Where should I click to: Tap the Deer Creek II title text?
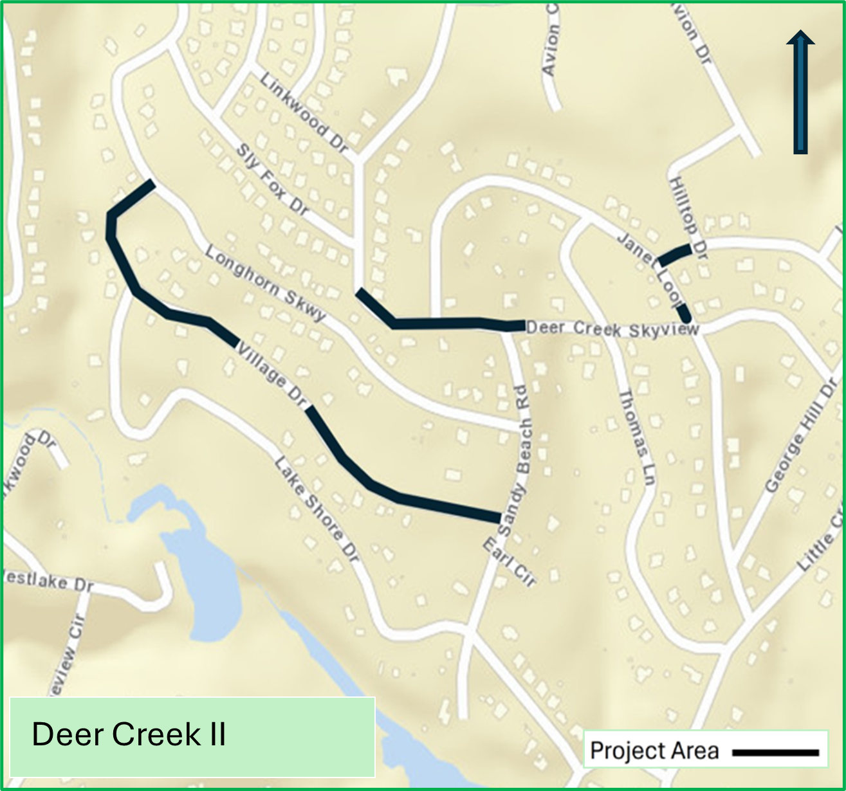[129, 734]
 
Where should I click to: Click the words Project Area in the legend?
[654, 750]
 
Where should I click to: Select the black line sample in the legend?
[775, 752]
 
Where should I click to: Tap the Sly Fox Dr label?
[272, 178]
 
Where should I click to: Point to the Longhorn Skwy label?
[265, 284]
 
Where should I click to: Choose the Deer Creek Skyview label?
[612, 329]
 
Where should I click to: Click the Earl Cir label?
[509, 563]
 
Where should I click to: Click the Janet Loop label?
[650, 268]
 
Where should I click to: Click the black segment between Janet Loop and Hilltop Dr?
[674, 255]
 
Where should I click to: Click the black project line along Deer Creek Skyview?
[444, 323]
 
